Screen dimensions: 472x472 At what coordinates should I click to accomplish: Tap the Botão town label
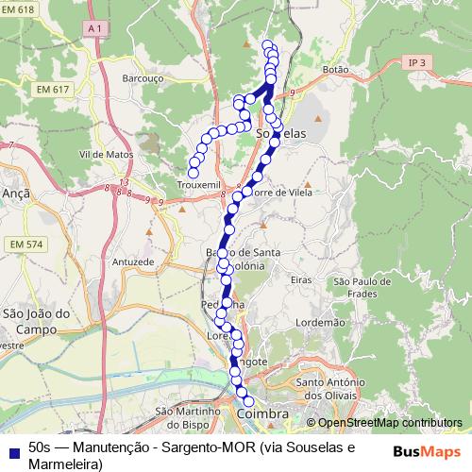point(335,70)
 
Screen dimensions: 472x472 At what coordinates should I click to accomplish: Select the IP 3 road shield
point(417,62)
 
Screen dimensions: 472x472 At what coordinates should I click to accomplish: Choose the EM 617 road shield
point(55,89)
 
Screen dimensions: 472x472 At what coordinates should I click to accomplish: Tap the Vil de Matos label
point(106,153)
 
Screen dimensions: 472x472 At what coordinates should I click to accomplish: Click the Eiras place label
point(301,280)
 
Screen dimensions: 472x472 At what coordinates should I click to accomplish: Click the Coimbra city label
point(261,414)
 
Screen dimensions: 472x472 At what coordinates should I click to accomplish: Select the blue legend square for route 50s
point(11,447)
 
